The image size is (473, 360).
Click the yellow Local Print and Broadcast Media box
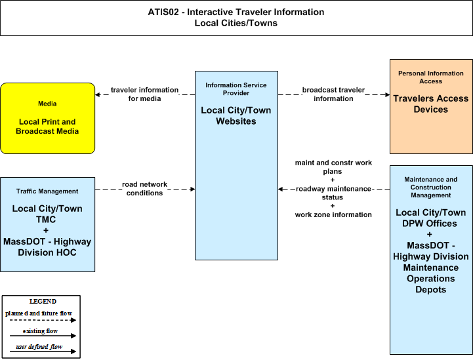(x=48, y=118)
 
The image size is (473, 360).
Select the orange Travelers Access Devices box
(x=431, y=106)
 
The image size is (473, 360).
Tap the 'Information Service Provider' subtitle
(x=236, y=89)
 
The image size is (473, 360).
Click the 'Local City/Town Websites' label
(x=236, y=116)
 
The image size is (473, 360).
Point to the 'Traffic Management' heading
(x=47, y=191)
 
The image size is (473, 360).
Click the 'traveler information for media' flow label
(x=144, y=94)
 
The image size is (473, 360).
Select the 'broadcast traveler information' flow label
(x=333, y=94)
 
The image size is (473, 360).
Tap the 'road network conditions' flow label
(x=144, y=188)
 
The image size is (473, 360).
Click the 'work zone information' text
(x=333, y=214)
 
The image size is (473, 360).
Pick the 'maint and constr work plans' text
(x=333, y=167)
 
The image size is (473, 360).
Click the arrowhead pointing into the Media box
(x=98, y=94)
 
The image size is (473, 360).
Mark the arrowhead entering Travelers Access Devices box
(x=387, y=94)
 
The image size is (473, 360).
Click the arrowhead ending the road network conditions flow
(x=192, y=189)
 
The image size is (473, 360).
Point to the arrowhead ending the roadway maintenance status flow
(x=281, y=189)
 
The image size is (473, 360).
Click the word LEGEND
(x=43, y=302)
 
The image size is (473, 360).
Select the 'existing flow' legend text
(x=40, y=331)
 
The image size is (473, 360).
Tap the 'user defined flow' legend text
(x=39, y=347)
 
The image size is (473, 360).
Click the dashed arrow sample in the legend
(x=43, y=320)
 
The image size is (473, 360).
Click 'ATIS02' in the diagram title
(x=163, y=12)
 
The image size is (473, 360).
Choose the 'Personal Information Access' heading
(x=431, y=77)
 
